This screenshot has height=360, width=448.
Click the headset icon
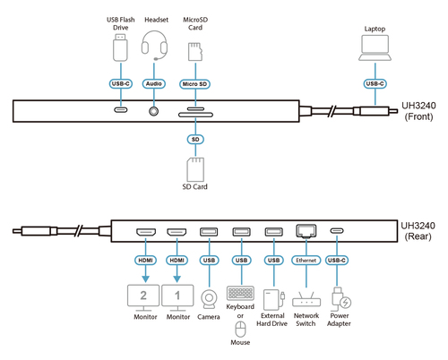point(154,46)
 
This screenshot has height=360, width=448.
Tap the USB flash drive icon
point(121,47)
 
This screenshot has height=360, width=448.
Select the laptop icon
point(375,48)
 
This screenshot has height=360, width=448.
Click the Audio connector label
point(154,84)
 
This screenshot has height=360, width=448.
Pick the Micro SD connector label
point(194,84)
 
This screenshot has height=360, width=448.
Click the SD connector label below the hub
point(195,140)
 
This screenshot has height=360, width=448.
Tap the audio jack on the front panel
point(154,111)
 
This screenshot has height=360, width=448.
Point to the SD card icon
point(195,169)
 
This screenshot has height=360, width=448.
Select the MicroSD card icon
point(195,52)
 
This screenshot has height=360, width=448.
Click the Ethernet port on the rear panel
point(306,231)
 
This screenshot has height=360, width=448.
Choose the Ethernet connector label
point(306,261)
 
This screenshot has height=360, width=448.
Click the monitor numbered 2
point(143,298)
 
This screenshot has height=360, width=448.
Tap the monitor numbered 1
point(177,298)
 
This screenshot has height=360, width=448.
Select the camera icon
point(209,299)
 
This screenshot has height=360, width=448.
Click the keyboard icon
point(240,294)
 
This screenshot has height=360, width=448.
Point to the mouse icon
point(240,330)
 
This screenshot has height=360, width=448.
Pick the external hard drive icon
point(274,300)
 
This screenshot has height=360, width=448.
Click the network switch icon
point(306,299)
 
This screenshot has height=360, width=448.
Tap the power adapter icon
point(340,299)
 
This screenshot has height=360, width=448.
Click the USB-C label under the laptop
point(375,84)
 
